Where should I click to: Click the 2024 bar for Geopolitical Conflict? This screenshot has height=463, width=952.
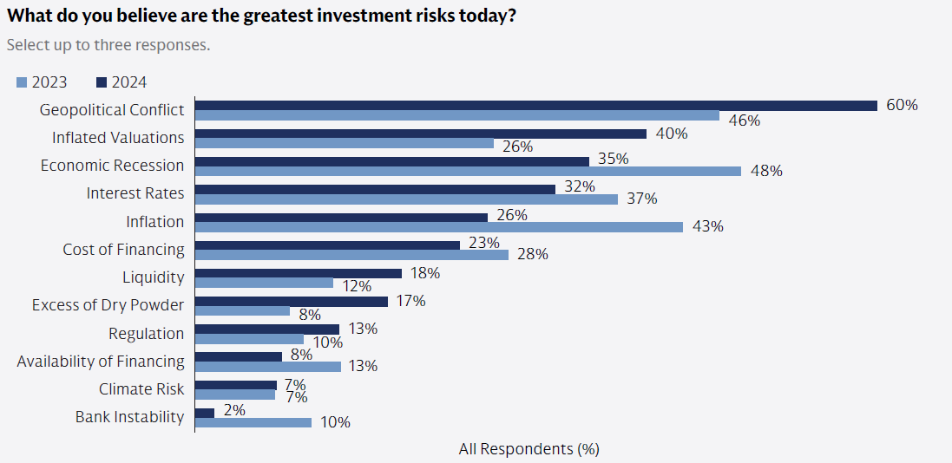pyautogui.click(x=535, y=106)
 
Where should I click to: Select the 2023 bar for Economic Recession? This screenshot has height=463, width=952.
pyautogui.click(x=468, y=171)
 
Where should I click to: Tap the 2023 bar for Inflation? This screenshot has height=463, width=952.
pyautogui.click(x=439, y=226)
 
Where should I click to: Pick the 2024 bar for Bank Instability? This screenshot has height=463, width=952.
pyautogui.click(x=205, y=413)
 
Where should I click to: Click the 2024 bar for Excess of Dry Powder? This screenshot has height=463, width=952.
pyautogui.click(x=292, y=302)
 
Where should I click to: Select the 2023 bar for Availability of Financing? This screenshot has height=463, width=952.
pyautogui.click(x=268, y=366)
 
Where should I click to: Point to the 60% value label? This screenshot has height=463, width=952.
pyautogui.click(x=902, y=106)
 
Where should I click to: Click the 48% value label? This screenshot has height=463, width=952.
pyautogui.click(x=766, y=172)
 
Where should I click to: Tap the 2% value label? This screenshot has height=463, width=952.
pyautogui.click(x=234, y=410)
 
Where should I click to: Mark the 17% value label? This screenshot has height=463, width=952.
pyautogui.click(x=410, y=301)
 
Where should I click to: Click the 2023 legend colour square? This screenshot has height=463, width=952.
pyautogui.click(x=22, y=83)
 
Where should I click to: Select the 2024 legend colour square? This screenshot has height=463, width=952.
pyautogui.click(x=102, y=83)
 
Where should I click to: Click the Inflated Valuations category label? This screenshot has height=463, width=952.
pyautogui.click(x=118, y=138)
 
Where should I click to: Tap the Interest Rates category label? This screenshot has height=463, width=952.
pyautogui.click(x=135, y=193)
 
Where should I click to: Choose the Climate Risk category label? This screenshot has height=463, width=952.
pyautogui.click(x=141, y=389)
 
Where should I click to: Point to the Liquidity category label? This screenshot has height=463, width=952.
pyautogui.click(x=154, y=277)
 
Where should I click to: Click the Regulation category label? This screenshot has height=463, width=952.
pyautogui.click(x=147, y=334)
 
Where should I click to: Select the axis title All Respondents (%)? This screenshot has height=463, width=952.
pyautogui.click(x=529, y=449)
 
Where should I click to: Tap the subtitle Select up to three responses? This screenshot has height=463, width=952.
pyautogui.click(x=108, y=44)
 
